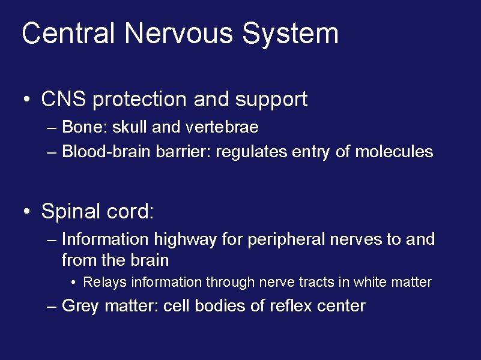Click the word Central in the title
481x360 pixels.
click(68, 34)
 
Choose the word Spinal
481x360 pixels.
click(70, 212)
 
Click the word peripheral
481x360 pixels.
click(285, 240)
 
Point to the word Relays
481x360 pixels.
click(103, 282)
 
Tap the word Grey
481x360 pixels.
click(80, 306)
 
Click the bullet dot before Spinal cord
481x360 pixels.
click(27, 212)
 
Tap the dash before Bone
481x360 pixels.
click(52, 128)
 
